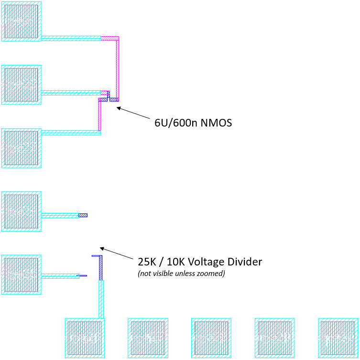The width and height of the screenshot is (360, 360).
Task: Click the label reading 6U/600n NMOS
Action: click(193, 123)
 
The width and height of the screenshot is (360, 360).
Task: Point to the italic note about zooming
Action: click(181, 274)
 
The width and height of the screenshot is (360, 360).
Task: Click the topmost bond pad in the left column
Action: click(21, 21)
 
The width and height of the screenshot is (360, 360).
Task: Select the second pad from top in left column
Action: click(21, 85)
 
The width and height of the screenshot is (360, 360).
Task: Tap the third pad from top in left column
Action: click(21, 148)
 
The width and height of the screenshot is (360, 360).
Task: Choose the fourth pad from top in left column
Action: click(21, 212)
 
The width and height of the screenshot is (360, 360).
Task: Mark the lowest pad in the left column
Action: click(21, 275)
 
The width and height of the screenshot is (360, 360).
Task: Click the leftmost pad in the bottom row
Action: click(85, 338)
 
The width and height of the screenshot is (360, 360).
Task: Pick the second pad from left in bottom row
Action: click(148, 338)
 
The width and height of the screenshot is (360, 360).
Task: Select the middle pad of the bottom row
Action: click(211, 338)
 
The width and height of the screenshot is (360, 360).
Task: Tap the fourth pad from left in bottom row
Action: click(274, 338)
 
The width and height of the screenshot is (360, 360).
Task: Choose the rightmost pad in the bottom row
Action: click(338, 338)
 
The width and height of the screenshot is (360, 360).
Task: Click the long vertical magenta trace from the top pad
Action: click(117, 67)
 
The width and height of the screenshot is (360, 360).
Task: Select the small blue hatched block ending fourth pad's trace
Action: click(83, 215)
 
